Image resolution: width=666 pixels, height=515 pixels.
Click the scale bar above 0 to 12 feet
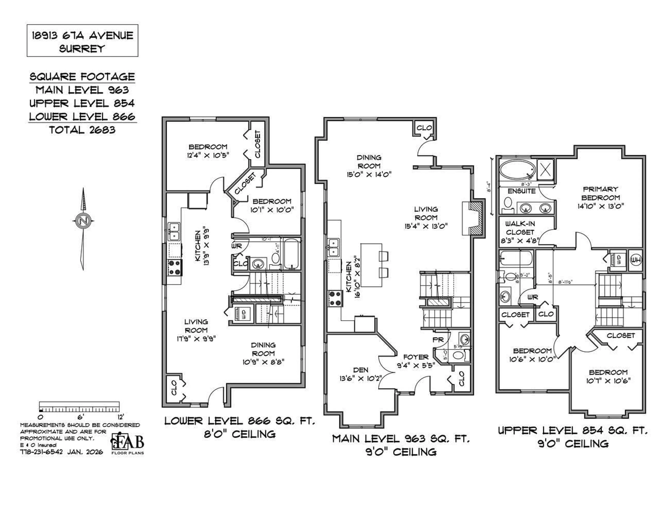click(x=79, y=407)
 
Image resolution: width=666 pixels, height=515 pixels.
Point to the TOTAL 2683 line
click(x=82, y=130)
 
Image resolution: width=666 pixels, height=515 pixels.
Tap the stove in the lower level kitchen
click(x=175, y=268)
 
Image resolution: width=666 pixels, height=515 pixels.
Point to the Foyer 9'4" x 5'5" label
click(x=416, y=361)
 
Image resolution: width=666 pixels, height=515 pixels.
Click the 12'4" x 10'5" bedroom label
click(x=208, y=151)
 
